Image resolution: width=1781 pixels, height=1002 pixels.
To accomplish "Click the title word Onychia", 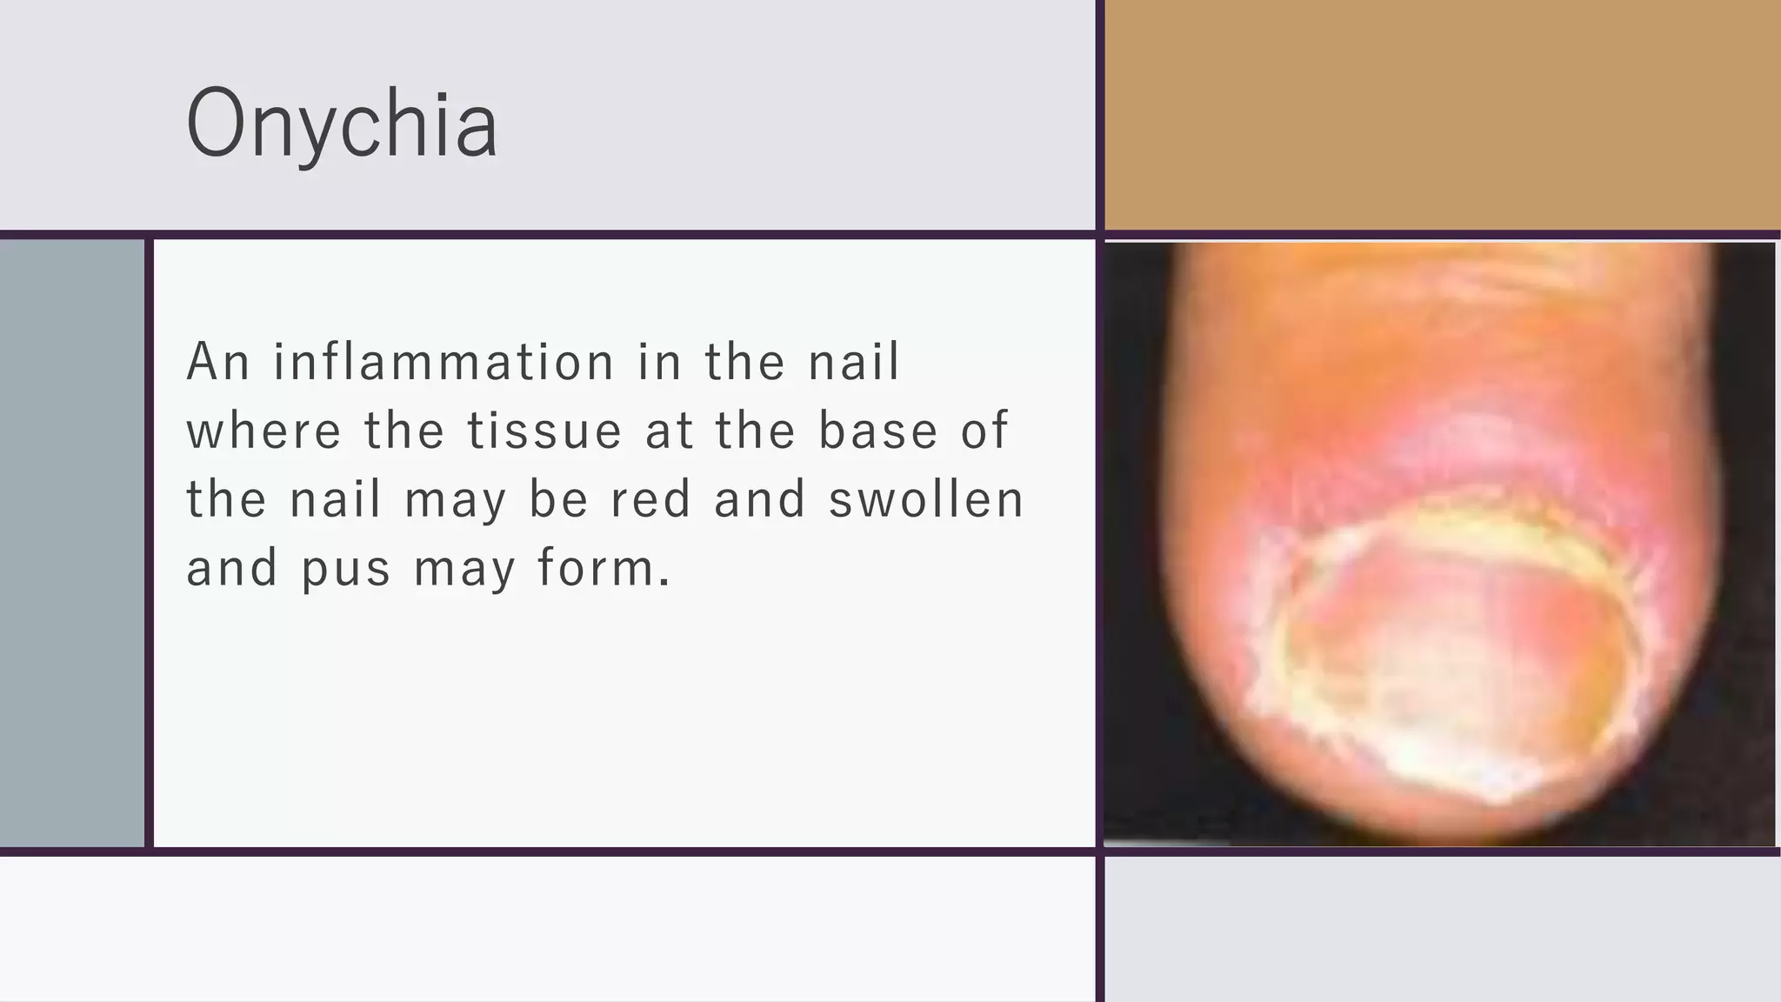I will tap(342, 124).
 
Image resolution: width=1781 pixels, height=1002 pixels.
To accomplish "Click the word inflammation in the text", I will tap(444, 362).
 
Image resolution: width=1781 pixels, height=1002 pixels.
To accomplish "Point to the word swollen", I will tap(927, 499).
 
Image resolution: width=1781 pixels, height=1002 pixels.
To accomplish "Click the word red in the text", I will tap(650, 499).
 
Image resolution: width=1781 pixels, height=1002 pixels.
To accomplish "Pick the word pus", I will tap(346, 570).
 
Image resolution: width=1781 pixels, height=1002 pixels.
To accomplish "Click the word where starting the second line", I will tap(264, 431).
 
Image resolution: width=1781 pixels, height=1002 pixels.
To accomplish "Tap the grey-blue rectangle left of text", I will tap(71, 544).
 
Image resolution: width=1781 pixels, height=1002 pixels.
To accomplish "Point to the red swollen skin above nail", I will tap(1435, 452).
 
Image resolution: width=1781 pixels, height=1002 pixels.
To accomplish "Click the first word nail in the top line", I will tap(854, 362).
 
